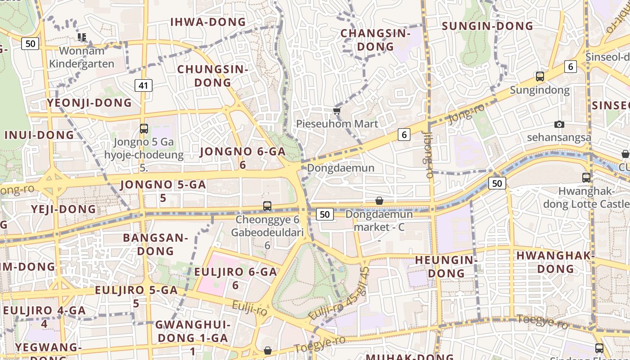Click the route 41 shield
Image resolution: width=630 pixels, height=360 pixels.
click(x=144, y=85)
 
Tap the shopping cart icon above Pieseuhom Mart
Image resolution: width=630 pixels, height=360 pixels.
click(x=337, y=111)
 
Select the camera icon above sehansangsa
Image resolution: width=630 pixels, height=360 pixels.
click(x=559, y=124)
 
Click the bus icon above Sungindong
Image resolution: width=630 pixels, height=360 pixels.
click(x=540, y=76)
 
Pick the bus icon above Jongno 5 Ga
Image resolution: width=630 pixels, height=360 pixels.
click(x=144, y=129)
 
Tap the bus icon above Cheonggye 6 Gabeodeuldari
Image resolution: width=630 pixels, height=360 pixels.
click(x=267, y=206)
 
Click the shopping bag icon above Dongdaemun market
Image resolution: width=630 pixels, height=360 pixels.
click(x=379, y=201)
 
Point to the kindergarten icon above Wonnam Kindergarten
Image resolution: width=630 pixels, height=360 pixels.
click(x=81, y=37)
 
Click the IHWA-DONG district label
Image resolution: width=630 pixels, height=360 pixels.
click(x=208, y=22)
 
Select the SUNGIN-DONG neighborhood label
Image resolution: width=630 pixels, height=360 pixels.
click(x=487, y=26)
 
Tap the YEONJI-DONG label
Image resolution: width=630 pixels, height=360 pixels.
click(x=89, y=103)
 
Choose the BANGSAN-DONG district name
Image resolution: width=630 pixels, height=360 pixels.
click(x=155, y=244)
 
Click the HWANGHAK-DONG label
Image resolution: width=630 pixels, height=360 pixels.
click(x=555, y=262)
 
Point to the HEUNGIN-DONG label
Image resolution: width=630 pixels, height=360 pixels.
click(x=446, y=266)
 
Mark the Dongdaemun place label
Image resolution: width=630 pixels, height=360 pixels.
click(x=341, y=168)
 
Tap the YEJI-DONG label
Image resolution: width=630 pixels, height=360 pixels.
click(x=63, y=209)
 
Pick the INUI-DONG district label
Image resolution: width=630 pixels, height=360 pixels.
click(x=39, y=135)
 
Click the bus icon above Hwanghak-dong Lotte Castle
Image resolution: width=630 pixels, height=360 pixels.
click(x=586, y=178)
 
